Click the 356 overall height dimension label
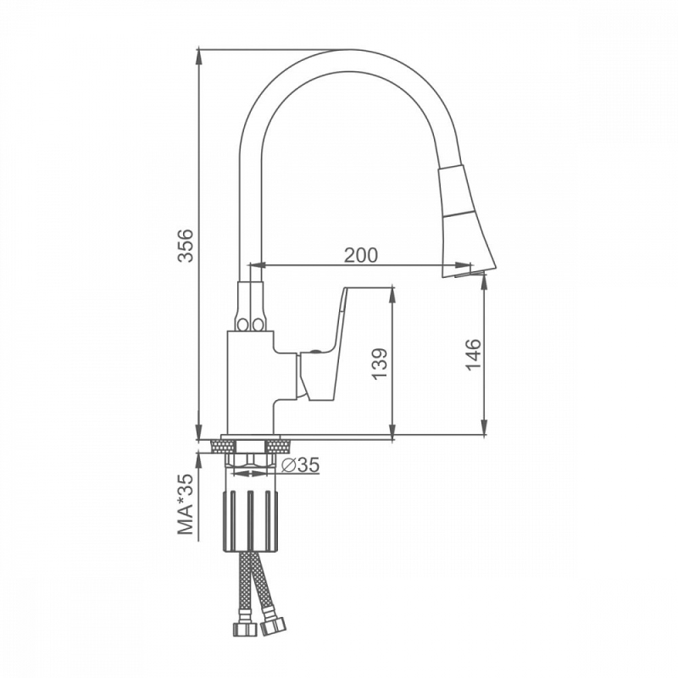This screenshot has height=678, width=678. [x=186, y=245]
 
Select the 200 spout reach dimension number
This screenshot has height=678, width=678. [x=361, y=255]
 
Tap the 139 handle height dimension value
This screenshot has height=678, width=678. [x=380, y=364]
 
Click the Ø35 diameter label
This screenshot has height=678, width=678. [x=300, y=464]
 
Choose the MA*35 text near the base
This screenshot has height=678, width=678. [x=186, y=504]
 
